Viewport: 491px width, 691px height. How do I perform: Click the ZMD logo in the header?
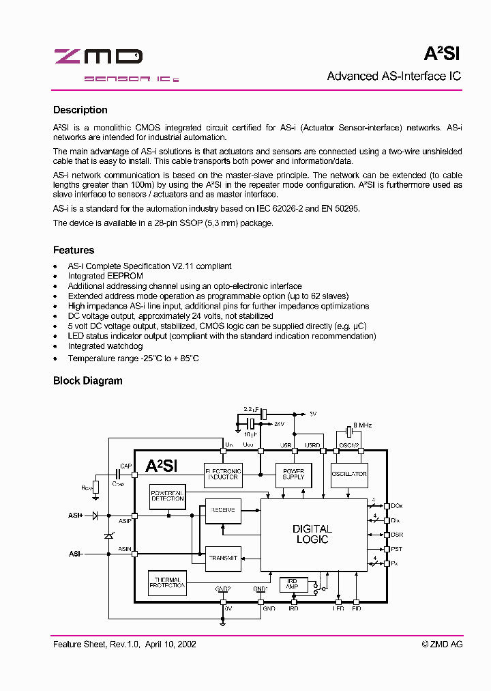tap(98, 57)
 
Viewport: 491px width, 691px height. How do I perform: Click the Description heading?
tap(80, 110)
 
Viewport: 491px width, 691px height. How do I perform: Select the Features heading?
tap(74, 250)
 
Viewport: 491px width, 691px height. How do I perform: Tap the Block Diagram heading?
tap(88, 381)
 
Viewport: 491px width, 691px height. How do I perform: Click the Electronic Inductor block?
tap(223, 475)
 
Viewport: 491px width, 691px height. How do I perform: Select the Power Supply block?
tap(293, 474)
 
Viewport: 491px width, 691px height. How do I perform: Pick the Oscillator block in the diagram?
tap(349, 474)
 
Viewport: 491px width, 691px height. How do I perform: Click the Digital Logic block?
tap(312, 534)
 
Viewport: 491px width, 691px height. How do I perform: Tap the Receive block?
tap(222, 511)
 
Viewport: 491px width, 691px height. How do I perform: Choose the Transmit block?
tap(222, 558)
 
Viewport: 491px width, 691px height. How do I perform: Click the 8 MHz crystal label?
tap(361, 424)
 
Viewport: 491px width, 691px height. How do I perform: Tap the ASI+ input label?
tap(76, 516)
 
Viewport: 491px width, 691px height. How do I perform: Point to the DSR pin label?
tap(397, 535)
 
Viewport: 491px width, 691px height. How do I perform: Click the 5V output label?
tap(313, 414)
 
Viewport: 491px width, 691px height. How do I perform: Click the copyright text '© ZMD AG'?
tap(442, 644)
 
